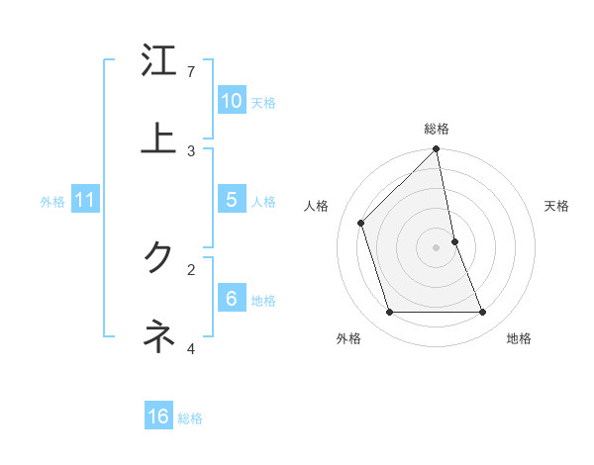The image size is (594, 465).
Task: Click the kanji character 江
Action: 158,61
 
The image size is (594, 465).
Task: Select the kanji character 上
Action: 158,139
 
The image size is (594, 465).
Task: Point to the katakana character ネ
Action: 158,336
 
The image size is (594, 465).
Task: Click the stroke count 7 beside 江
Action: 191,72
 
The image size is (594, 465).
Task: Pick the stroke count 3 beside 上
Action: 191,150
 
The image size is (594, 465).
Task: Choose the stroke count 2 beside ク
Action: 191,268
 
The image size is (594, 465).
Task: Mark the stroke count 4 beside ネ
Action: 191,347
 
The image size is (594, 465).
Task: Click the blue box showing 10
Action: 232,101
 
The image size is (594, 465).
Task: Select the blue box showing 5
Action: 232,200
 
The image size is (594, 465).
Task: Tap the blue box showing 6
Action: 232,299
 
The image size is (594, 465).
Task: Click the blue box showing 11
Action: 85,200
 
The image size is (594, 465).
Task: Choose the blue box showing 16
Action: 158,417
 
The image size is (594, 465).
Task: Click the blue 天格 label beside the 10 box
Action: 263,103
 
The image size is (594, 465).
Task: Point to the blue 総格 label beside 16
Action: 190,418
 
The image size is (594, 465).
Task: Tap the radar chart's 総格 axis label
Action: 437,129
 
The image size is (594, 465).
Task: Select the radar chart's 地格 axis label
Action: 519,339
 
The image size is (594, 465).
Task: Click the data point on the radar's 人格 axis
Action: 361,223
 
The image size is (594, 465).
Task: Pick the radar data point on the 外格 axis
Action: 390,313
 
